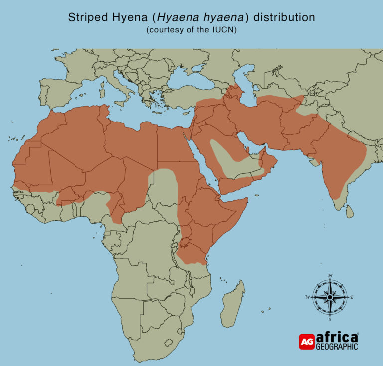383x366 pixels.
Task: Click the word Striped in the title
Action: click(x=85, y=18)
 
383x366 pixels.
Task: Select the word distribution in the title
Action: click(x=284, y=18)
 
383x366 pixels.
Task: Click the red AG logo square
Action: click(x=307, y=341)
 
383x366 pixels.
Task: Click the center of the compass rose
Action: click(x=330, y=297)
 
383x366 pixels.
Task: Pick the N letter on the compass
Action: click(x=330, y=276)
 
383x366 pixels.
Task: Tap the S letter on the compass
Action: click(x=330, y=319)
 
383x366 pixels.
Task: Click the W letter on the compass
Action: click(x=308, y=297)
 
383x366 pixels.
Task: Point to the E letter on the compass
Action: click(x=352, y=297)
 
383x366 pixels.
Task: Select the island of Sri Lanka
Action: click(x=350, y=212)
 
